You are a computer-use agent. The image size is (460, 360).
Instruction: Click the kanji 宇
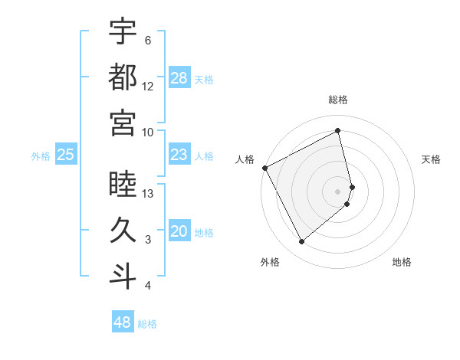tap(123, 31)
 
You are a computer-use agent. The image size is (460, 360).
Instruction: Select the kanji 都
tap(123, 77)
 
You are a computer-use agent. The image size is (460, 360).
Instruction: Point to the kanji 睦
tap(123, 185)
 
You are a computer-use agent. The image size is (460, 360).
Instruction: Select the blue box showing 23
tap(179, 155)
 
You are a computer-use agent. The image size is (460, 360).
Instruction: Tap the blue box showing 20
tap(179, 231)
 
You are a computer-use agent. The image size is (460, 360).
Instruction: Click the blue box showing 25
tap(65, 155)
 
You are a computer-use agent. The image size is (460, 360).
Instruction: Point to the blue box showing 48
tap(123, 322)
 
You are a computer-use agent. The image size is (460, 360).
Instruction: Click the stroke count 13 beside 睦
tap(149, 193)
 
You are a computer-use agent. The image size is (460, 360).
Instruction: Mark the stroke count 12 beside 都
tap(148, 86)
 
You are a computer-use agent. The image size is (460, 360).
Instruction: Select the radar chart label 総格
tap(338, 100)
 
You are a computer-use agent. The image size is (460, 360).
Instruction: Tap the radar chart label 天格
tap(431, 159)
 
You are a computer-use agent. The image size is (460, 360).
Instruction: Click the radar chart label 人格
tap(245, 159)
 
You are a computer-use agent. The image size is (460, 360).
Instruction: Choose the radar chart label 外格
tap(269, 262)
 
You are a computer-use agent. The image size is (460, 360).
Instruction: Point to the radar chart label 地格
tap(402, 262)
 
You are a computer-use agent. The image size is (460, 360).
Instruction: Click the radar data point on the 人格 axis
tap(265, 168)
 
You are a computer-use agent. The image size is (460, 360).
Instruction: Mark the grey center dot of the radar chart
tap(338, 191)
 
